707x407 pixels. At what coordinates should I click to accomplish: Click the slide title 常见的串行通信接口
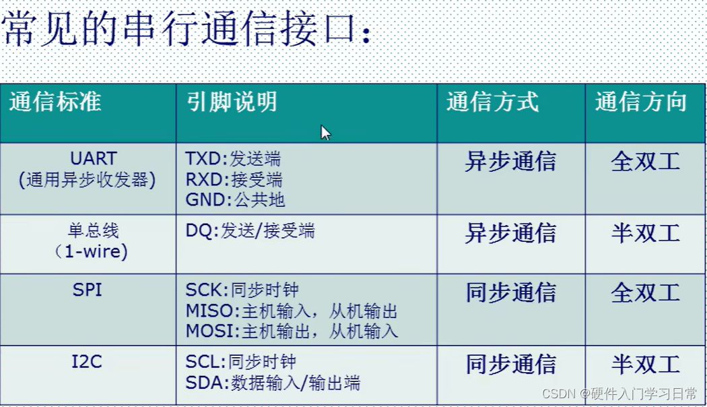point(185,30)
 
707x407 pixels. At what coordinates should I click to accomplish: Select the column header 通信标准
point(55,102)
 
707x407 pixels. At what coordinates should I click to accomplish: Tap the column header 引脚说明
point(232,102)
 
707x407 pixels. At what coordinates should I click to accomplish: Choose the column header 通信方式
point(492,102)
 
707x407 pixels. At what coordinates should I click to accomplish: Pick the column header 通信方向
point(641,102)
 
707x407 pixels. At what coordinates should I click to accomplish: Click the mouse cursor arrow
point(325,132)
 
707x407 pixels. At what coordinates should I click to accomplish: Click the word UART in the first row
point(94,159)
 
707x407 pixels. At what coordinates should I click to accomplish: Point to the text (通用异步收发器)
point(88,180)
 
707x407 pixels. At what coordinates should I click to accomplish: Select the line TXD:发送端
point(233,159)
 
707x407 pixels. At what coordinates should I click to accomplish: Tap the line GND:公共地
point(235,199)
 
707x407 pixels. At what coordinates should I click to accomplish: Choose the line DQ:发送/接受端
point(250,231)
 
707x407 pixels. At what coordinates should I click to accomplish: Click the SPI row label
point(88,289)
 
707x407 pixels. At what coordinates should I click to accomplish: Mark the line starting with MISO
point(292,311)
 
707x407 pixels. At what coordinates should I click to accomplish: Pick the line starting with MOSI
point(292,331)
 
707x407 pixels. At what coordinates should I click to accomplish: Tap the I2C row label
point(87,362)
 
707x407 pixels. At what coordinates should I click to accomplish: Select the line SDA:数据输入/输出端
point(273,383)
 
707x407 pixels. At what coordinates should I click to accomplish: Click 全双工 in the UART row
point(645,162)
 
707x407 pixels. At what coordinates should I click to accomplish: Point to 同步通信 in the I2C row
point(510,365)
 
